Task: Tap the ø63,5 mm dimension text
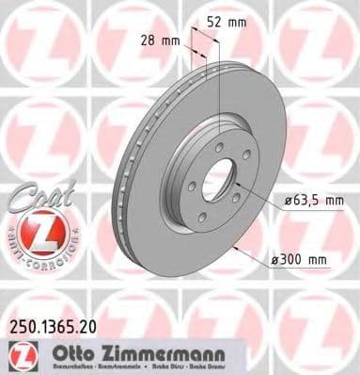pos(314,202)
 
